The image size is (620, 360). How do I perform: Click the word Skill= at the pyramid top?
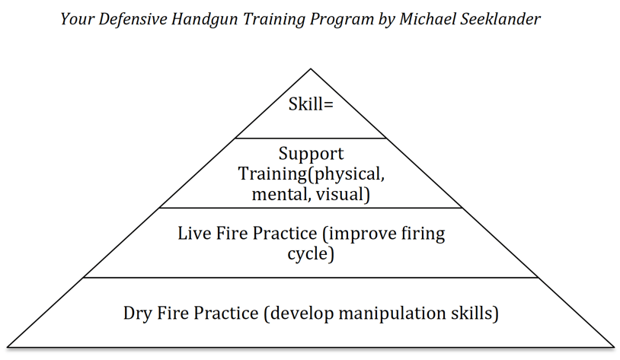[x=311, y=104]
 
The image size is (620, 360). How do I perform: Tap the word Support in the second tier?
[x=311, y=155]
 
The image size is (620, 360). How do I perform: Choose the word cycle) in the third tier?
[x=311, y=254]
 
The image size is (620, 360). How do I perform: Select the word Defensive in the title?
[x=133, y=19]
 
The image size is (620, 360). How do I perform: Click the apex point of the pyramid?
[x=311, y=69]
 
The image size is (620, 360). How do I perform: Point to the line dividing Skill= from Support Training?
[x=311, y=139]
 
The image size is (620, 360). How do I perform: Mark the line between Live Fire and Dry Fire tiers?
[x=311, y=277]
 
